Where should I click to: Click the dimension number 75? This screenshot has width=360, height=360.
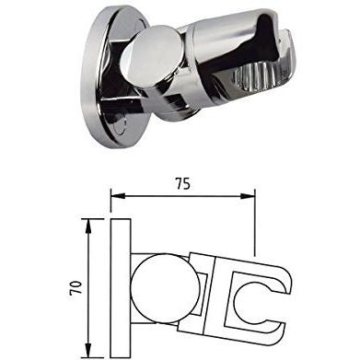tap(183, 183)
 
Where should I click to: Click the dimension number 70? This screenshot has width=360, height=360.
tap(76, 287)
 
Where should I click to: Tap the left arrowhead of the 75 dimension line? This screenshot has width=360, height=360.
tap(118, 196)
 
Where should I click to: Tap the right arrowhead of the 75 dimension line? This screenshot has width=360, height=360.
tap(248, 196)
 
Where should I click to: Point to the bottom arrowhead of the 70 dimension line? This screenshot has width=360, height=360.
tap(88, 350)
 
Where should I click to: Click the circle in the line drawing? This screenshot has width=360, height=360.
tap(165, 288)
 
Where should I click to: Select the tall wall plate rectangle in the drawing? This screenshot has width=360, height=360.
tap(121, 288)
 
